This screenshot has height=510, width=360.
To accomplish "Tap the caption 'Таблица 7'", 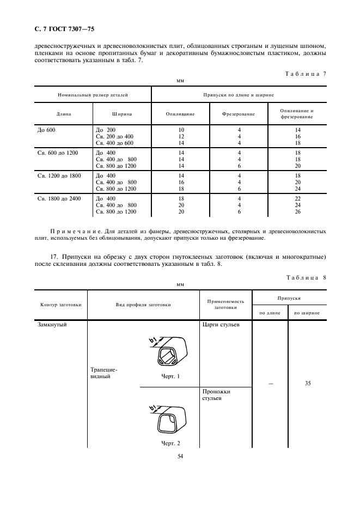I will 306,74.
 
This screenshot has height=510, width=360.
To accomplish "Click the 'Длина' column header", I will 64,114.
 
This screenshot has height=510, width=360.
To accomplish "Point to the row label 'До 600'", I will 46,130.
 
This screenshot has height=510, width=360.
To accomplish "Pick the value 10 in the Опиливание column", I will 181,130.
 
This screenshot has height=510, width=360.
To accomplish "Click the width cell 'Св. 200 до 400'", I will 114,136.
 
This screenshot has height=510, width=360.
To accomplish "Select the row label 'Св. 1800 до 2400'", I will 59,198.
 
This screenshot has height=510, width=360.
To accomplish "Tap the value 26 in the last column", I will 297,211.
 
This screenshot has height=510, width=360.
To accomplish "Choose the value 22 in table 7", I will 297,198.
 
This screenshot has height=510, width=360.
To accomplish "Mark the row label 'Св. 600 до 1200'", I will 57,153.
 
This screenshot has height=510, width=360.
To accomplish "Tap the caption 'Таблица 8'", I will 306,278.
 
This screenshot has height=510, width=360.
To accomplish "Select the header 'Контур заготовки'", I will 61,305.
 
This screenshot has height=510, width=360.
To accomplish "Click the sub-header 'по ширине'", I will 307,313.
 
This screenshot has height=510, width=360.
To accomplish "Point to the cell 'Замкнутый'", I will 52,325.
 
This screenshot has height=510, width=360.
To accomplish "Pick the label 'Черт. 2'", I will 170,443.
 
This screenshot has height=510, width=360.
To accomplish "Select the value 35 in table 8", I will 307,384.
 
